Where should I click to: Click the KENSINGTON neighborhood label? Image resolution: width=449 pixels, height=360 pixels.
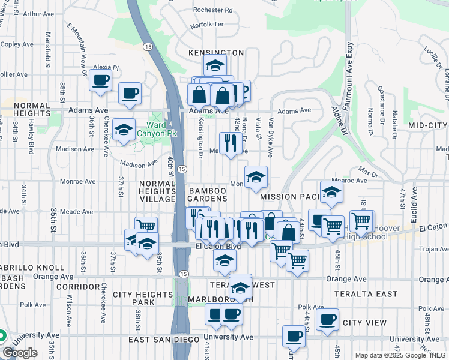(x=216, y=53)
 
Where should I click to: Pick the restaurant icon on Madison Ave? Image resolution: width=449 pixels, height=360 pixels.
(x=231, y=142)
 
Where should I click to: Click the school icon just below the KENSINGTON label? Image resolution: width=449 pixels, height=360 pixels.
(x=215, y=65)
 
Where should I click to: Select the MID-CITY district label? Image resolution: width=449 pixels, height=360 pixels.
(x=427, y=125)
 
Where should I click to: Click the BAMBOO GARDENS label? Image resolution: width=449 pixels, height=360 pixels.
(x=208, y=194)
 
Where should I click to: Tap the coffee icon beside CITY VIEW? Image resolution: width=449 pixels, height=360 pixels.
(x=327, y=319)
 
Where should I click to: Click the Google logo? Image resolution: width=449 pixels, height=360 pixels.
(x=19, y=353)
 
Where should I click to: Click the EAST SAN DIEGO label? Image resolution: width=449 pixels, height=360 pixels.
(x=163, y=340)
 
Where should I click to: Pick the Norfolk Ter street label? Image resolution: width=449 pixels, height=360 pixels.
(x=206, y=26)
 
